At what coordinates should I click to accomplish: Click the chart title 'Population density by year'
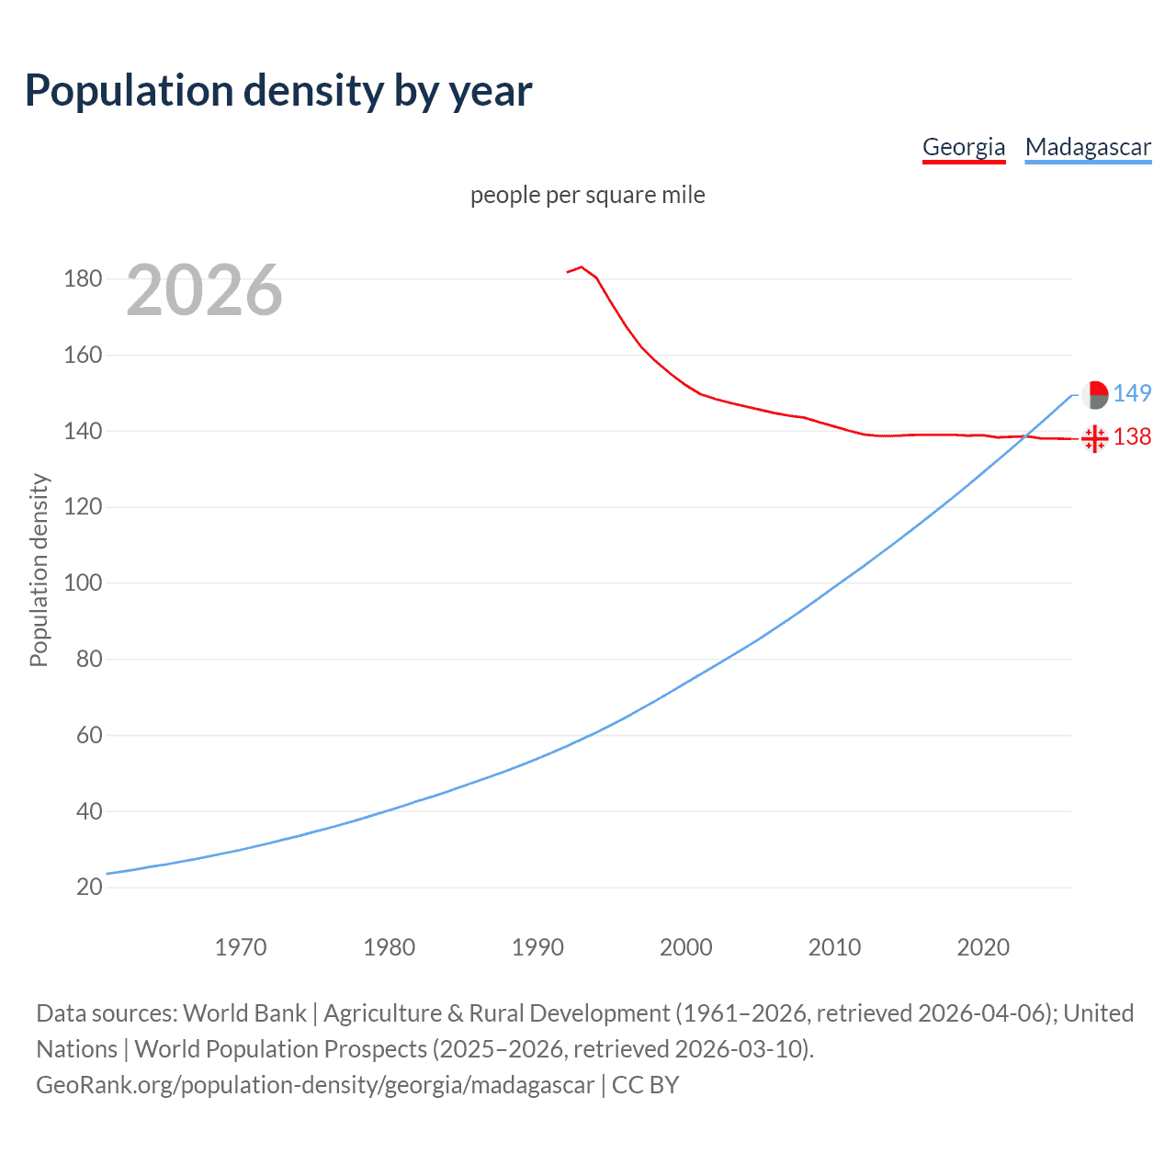click(x=278, y=91)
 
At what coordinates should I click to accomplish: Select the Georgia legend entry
click(x=964, y=147)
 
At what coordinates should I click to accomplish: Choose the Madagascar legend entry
click(x=1088, y=147)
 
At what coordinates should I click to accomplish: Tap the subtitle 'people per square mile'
click(x=588, y=195)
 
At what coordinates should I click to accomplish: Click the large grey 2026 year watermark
click(x=204, y=290)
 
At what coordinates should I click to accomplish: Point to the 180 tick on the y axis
click(x=83, y=278)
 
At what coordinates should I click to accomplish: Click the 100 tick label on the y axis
click(x=83, y=583)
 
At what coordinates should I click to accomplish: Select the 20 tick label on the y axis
click(x=89, y=888)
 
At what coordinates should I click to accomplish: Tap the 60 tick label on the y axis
click(x=83, y=735)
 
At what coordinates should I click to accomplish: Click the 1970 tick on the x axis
click(x=241, y=947)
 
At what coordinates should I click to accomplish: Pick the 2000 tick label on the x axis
click(x=686, y=947)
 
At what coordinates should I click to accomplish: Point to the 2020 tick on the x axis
click(x=983, y=947)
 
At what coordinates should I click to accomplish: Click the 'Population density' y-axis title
click(x=39, y=570)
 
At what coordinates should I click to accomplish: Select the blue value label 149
click(x=1132, y=393)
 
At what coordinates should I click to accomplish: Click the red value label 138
click(x=1132, y=436)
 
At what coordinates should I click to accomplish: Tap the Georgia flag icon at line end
click(x=1094, y=439)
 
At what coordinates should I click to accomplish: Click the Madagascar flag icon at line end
click(x=1094, y=395)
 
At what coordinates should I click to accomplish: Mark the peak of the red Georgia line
click(x=581, y=267)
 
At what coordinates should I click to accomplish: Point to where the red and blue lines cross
click(x=1023, y=437)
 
